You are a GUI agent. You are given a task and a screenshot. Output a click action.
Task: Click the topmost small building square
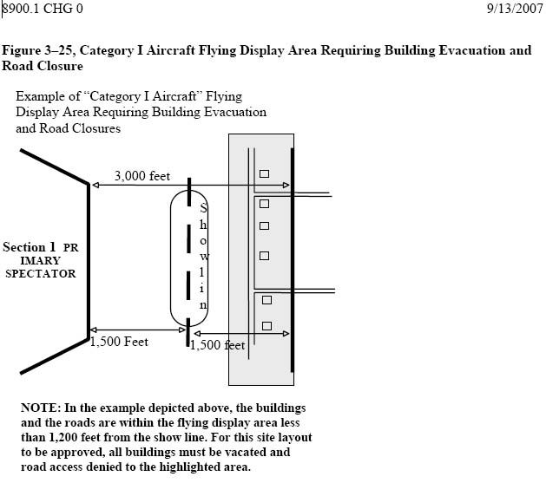click(264, 173)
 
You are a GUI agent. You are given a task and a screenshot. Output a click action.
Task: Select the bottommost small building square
click(266, 326)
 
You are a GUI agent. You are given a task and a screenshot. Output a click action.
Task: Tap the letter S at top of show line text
click(203, 209)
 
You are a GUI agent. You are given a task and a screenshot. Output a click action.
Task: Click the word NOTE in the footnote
click(39, 408)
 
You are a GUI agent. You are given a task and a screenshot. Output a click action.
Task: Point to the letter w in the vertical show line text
click(205, 258)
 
